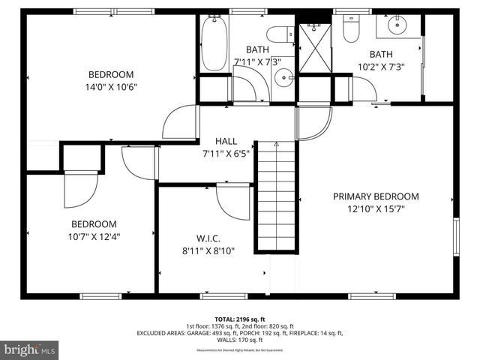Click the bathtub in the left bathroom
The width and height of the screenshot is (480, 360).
coord(213,44)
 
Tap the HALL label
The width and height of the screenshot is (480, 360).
coord(226,141)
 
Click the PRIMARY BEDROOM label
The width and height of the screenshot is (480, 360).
coord(376,196)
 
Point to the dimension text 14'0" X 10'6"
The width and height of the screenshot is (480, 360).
coord(111,86)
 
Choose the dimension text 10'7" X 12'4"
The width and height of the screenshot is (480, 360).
coord(94,236)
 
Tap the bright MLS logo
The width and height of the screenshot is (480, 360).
coord(30,349)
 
